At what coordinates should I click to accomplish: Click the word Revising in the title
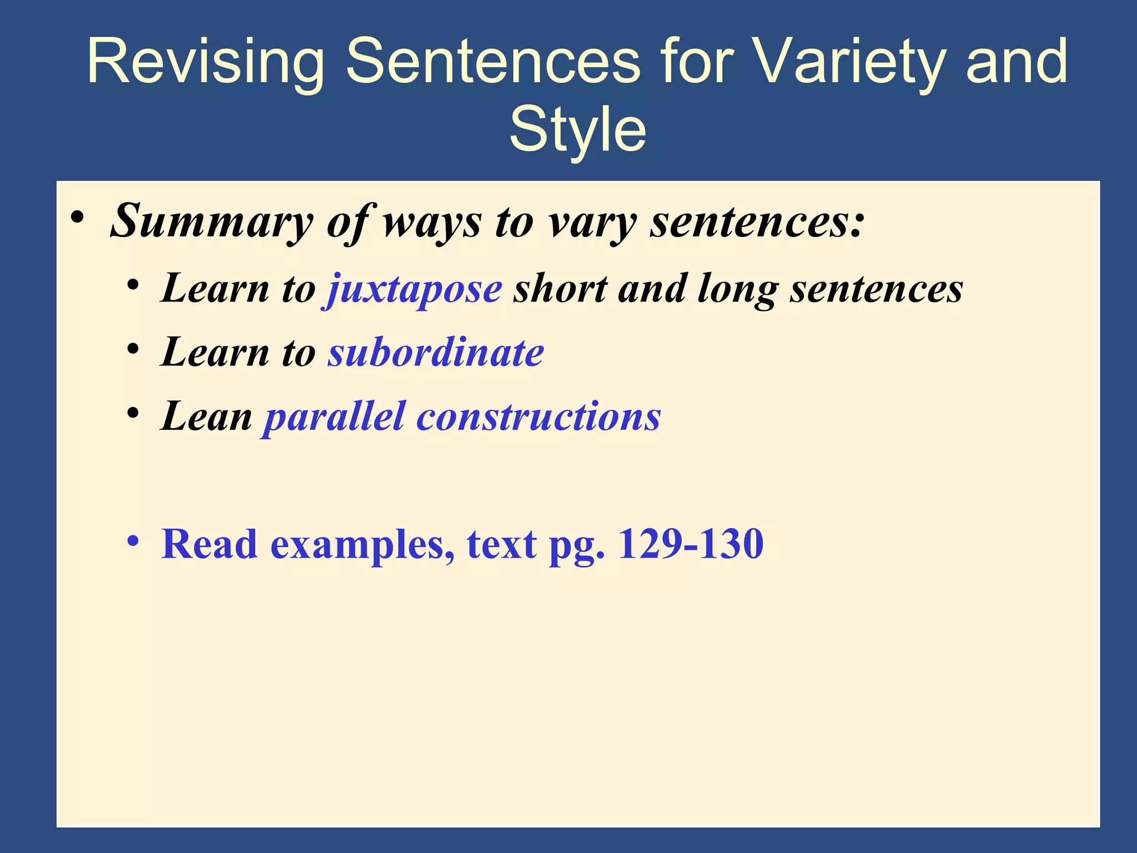pyautogui.click(x=205, y=62)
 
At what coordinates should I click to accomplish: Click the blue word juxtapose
pyautogui.click(x=414, y=289)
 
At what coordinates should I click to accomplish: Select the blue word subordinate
pyautogui.click(x=436, y=353)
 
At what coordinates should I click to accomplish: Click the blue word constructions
pyautogui.click(x=539, y=417)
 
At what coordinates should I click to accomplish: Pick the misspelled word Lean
pyautogui.click(x=207, y=417)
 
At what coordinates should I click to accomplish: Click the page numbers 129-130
pyautogui.click(x=691, y=544)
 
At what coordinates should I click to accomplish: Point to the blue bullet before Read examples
pyautogui.click(x=132, y=540)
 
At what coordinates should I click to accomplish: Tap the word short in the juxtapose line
pyautogui.click(x=560, y=289)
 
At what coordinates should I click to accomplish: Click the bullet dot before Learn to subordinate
pyautogui.click(x=132, y=349)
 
